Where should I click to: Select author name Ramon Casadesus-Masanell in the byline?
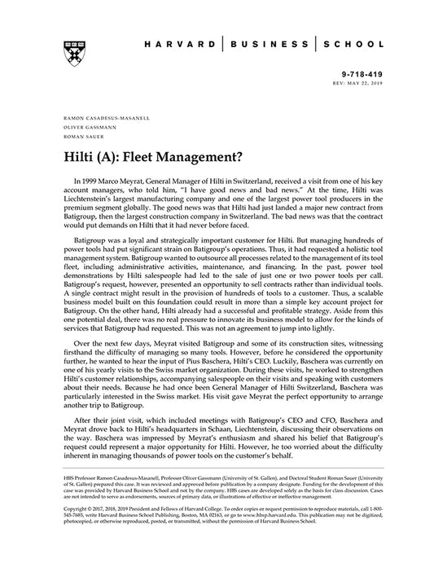point(99,117)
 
